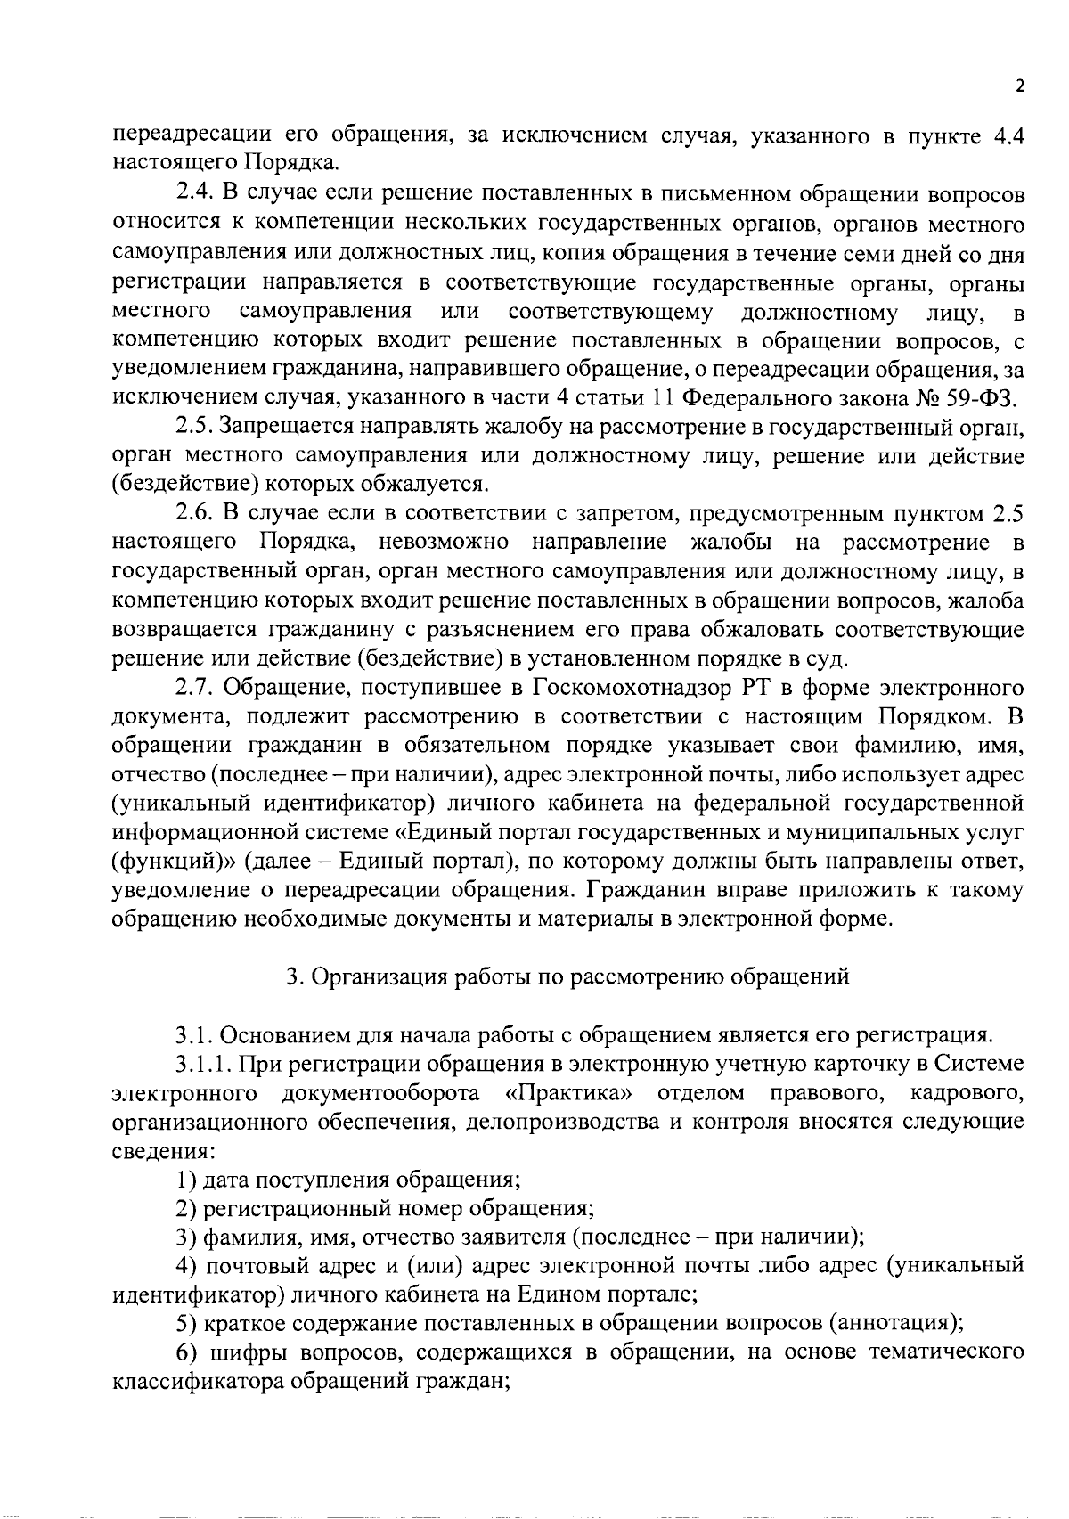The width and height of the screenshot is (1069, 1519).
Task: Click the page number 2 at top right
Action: tap(1019, 86)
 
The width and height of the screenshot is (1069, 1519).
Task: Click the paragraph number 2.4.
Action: tap(193, 194)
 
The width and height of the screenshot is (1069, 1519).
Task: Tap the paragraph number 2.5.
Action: tap(193, 429)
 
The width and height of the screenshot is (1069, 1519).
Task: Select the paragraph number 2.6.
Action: tap(193, 514)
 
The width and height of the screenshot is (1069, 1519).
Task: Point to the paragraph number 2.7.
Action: tap(193, 689)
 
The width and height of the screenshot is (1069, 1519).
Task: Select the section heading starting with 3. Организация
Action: tap(567, 977)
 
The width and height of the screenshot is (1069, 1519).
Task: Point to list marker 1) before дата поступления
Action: tap(185, 1180)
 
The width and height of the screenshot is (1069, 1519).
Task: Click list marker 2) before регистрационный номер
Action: tap(185, 1209)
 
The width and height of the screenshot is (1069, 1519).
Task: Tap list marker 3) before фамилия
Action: tap(185, 1237)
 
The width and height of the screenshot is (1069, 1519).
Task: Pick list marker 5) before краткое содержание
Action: tap(185, 1324)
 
